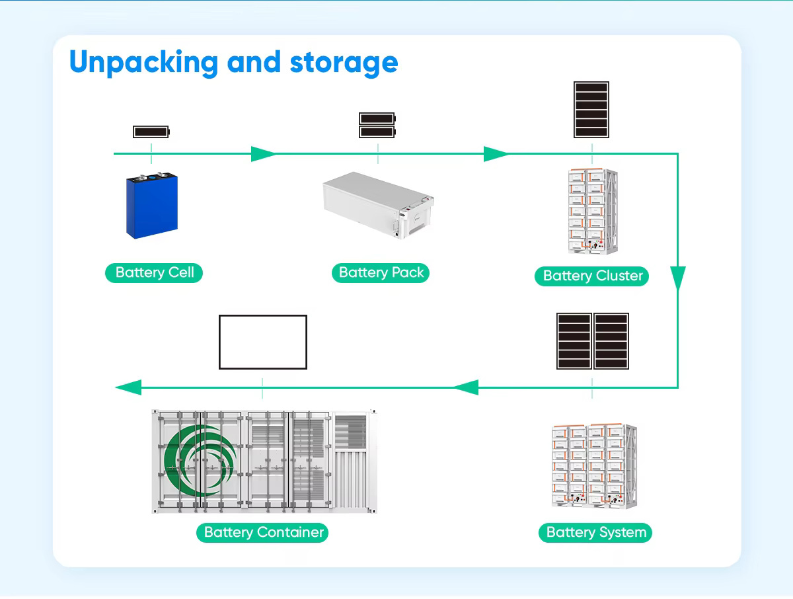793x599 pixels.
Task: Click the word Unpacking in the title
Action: pos(143,63)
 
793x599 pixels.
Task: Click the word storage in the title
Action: pos(344,63)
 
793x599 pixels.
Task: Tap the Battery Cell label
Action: pos(154,272)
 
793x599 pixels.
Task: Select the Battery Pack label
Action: pos(381,272)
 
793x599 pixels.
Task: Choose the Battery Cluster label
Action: pos(592,276)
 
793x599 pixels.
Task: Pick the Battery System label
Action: pos(595,532)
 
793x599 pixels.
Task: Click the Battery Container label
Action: pos(262,532)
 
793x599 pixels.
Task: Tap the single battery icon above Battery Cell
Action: pos(151,132)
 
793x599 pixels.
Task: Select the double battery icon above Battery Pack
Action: pos(377,125)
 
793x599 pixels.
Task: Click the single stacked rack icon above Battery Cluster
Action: pos(591,110)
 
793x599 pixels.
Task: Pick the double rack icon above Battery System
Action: pos(592,341)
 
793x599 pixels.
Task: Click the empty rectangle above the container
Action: pos(263,342)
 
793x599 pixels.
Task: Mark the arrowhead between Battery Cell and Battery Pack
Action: pos(263,155)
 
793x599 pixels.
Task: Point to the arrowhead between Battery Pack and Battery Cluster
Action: pos(496,155)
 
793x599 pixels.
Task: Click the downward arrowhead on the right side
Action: pos(678,278)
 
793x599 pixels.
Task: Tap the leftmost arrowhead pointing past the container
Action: pos(128,387)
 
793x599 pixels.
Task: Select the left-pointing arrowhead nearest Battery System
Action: pos(466,387)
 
